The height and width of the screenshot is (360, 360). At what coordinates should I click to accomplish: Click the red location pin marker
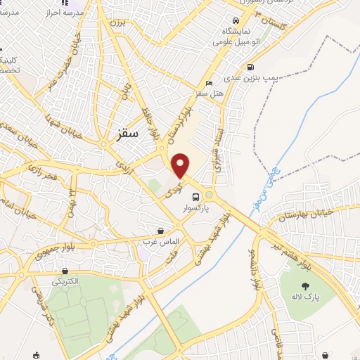[181, 165]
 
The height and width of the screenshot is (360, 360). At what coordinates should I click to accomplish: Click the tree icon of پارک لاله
[305, 285]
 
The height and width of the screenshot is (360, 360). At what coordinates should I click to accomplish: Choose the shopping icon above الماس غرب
[161, 231]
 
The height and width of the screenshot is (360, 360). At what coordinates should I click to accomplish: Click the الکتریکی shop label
[65, 282]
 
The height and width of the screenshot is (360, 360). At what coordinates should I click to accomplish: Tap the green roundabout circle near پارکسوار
[209, 195]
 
